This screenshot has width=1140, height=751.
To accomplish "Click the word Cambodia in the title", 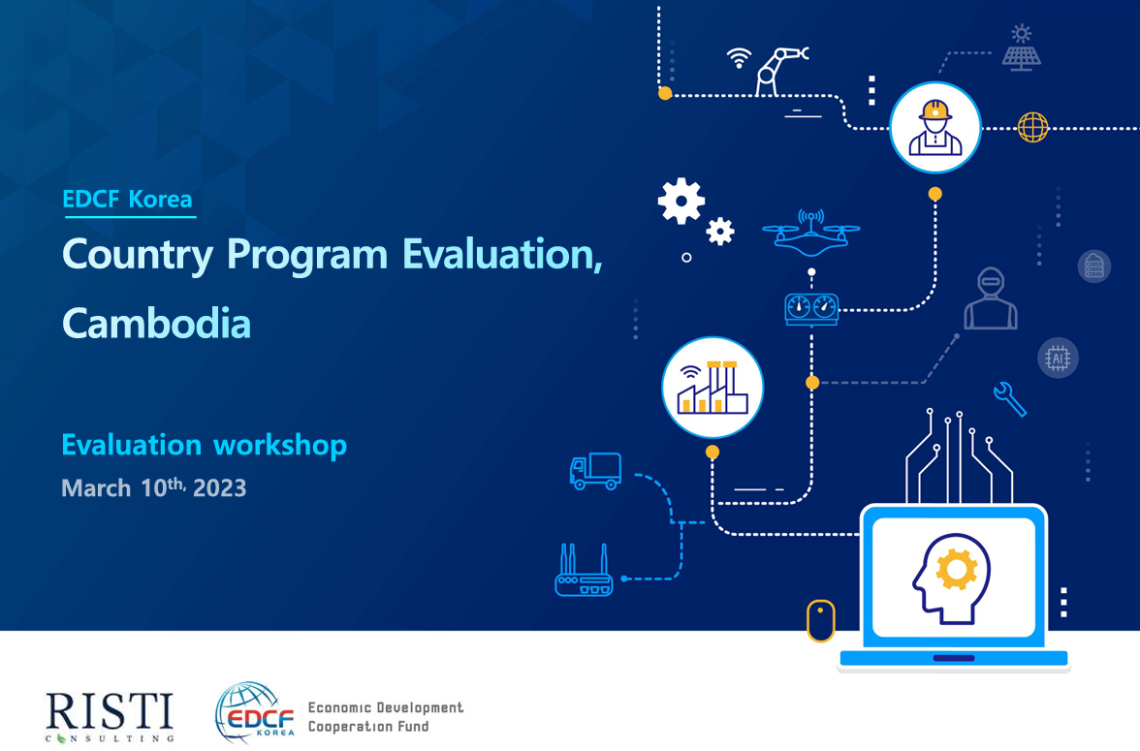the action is tap(156, 323).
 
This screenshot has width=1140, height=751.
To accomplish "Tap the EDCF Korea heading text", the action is tap(127, 199).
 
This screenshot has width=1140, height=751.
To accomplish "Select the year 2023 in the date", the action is tap(219, 487).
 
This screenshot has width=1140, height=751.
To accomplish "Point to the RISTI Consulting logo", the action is tap(110, 717).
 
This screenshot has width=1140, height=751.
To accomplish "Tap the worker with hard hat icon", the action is tap(934, 128).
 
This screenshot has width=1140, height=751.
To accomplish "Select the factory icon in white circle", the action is tap(712, 387).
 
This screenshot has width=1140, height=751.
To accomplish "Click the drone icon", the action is tap(810, 233).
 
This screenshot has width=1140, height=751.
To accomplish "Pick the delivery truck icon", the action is tap(595, 470).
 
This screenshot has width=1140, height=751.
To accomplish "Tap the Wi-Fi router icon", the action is tap(584, 571).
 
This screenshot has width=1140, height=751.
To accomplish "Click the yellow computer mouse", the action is tap(821, 621).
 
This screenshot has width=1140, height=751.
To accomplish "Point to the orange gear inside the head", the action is tap(957, 569).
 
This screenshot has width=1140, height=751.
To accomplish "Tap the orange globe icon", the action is tap(1033, 128).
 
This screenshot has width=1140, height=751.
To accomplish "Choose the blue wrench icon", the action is tap(1010, 399).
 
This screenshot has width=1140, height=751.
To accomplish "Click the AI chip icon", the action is tap(1058, 358).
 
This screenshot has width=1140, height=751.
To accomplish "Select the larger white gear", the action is tap(681, 201).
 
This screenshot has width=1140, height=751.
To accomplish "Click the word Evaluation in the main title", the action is tap(502, 255).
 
